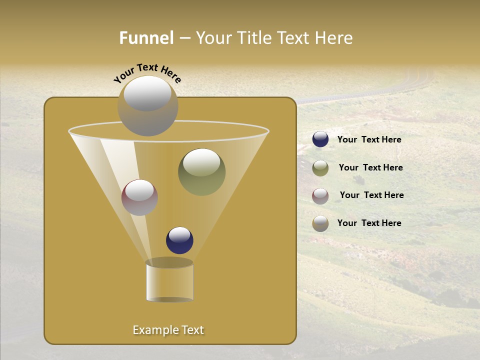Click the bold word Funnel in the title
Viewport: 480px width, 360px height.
click(146, 37)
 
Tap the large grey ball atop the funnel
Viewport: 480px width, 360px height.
click(147, 106)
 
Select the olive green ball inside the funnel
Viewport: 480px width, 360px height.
click(202, 172)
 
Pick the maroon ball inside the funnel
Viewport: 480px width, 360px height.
click(139, 197)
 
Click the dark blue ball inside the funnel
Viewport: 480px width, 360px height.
click(179, 240)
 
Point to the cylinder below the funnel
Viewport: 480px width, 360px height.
click(169, 282)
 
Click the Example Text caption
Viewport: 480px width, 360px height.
click(168, 330)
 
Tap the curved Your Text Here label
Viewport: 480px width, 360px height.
click(147, 72)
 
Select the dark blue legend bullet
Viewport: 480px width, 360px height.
click(320, 139)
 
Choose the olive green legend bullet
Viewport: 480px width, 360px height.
click(320, 168)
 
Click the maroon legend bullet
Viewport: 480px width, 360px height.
click(320, 196)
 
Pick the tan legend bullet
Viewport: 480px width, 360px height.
click(320, 223)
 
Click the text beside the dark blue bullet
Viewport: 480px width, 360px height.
click(369, 140)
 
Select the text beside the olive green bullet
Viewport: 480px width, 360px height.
click(370, 168)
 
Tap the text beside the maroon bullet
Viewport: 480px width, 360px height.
click(371, 195)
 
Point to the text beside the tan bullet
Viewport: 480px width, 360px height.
click(369, 223)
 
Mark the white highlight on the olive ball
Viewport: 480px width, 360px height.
click(201, 163)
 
